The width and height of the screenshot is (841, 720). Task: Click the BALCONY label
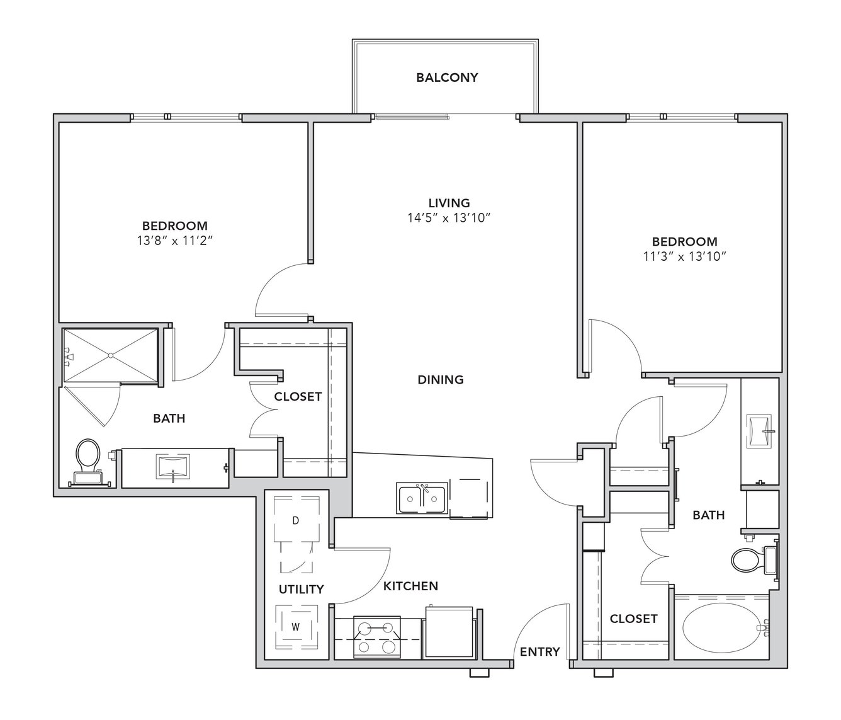coord(447,77)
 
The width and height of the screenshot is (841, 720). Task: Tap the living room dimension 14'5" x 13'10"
coord(448,218)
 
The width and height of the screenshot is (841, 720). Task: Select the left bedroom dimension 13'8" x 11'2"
coord(176,241)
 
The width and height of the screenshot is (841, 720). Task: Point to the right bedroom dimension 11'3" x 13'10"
coord(684,256)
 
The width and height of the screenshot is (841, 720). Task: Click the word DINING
coord(441,380)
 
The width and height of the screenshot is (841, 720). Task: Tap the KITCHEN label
coord(410,586)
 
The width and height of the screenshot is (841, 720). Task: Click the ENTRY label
coord(539,652)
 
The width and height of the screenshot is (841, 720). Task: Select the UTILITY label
coord(301,589)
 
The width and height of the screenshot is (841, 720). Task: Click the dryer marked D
coord(296,520)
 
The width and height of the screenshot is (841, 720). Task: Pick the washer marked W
coord(296,627)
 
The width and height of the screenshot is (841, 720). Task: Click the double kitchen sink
coord(422,498)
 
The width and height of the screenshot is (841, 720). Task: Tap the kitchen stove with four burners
coord(377,637)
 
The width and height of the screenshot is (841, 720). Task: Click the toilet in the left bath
coord(88,463)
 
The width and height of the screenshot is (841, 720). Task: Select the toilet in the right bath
coord(755,560)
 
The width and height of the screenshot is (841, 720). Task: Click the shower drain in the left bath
coord(111,355)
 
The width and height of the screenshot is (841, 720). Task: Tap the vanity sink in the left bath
coord(173,467)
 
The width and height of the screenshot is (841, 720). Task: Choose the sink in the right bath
coord(760,431)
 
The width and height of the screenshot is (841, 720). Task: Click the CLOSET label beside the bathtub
coord(633,619)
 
